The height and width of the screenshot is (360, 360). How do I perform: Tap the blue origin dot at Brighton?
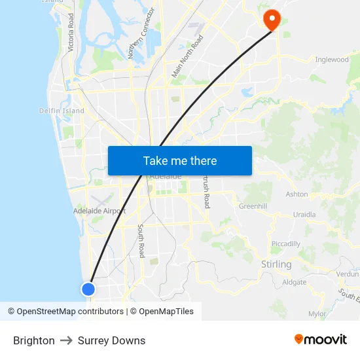[88, 289]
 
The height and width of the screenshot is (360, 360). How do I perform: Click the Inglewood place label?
[332, 60]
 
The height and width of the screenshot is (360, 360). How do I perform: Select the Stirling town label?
[276, 264]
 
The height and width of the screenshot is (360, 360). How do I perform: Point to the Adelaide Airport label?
[99, 211]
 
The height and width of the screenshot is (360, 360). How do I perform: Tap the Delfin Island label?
[62, 111]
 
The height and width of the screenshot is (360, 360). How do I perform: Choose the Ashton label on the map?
[297, 194]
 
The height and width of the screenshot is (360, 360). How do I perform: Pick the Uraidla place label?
[304, 214]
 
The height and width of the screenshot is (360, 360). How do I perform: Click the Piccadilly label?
[285, 243]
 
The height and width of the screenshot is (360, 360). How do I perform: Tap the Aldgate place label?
[294, 282]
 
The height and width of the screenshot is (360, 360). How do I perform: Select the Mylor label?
[317, 314]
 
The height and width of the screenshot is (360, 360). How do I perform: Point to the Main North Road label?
[187, 57]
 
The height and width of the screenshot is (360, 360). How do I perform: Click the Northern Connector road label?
[141, 33]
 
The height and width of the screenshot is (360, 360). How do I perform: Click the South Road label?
[141, 241]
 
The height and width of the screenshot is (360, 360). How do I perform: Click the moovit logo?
[320, 340]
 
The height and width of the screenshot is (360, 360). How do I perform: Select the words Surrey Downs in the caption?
[111, 340]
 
